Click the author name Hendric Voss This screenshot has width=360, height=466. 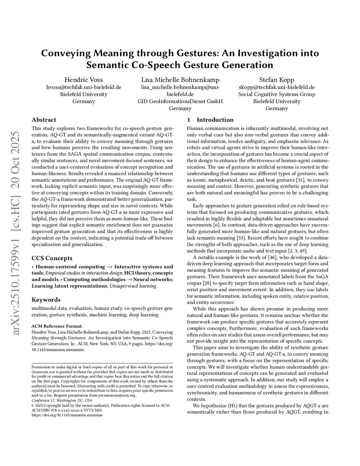(84, 80)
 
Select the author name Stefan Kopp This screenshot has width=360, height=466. (277, 80)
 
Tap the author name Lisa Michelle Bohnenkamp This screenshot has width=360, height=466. (180, 80)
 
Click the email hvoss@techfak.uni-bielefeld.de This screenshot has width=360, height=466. (84, 87)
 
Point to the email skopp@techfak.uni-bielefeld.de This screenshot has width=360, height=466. (277, 87)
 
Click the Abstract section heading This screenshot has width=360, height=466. (44, 120)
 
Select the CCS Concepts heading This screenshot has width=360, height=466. (52, 258)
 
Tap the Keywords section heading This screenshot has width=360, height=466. (46, 300)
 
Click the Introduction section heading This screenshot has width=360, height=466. (215, 120)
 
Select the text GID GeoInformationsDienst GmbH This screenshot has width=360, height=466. (180, 101)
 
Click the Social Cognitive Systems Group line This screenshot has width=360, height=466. (277, 94)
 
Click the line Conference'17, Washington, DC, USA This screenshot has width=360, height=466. (62, 400)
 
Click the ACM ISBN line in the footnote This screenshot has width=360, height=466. (67, 410)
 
